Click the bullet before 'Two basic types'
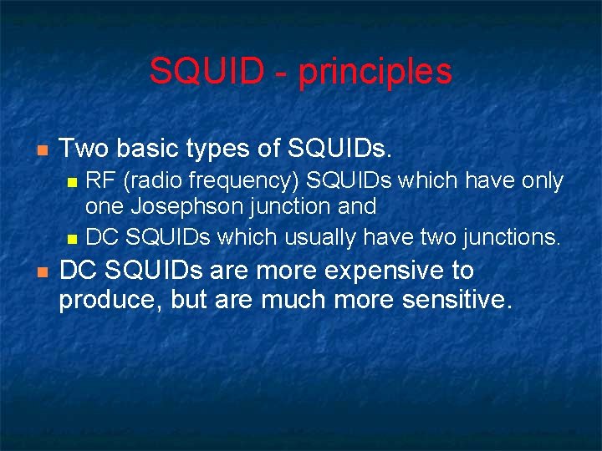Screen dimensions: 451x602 tap(42, 150)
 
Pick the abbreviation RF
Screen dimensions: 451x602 tap(101, 180)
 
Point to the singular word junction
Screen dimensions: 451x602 tap(298, 205)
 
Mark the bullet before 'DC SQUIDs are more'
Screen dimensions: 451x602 tap(42, 272)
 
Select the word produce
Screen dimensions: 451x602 tap(109, 301)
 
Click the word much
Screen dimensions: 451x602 tap(289, 300)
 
